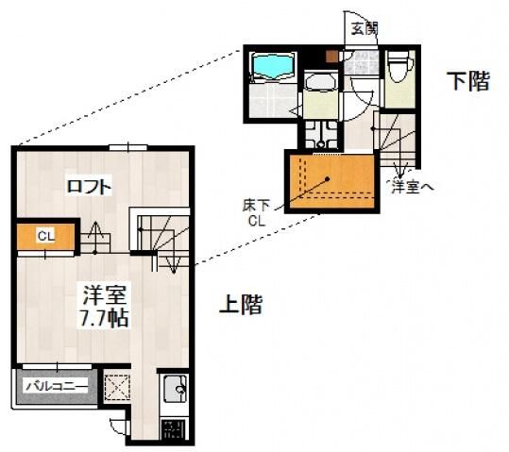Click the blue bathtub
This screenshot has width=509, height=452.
click(x=274, y=66)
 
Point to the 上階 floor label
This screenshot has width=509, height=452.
click(x=240, y=305)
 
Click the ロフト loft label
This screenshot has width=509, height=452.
click(x=90, y=187)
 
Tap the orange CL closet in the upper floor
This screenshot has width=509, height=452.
click(x=45, y=237)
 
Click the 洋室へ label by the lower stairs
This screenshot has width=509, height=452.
click(x=413, y=187)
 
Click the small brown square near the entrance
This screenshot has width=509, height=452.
click(x=331, y=55)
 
